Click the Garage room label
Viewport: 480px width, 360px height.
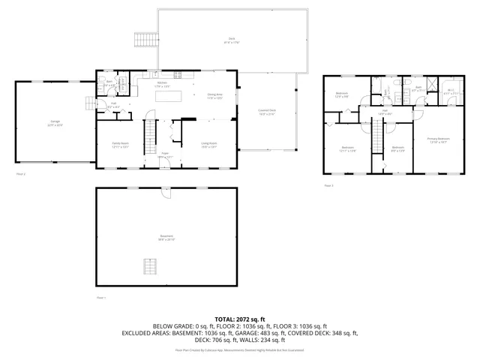[55, 121]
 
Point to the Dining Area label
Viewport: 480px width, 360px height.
[216, 96]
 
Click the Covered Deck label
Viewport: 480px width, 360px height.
[268, 113]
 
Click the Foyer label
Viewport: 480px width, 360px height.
[164, 155]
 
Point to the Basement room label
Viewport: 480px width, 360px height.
[166, 238]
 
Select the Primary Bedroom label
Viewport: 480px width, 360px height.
[439, 139]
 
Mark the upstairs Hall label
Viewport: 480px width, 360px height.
[385, 112]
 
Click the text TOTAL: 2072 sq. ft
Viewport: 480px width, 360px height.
[239, 319]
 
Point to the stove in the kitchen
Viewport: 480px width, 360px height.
[178, 74]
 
